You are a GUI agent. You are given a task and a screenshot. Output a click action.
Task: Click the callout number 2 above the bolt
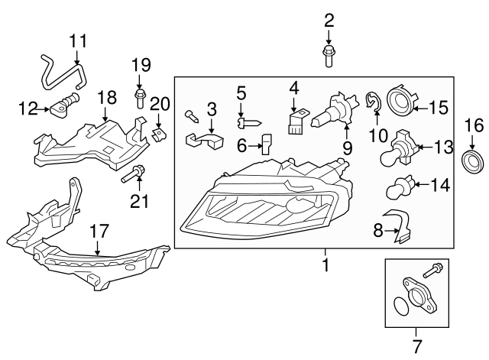[329, 20]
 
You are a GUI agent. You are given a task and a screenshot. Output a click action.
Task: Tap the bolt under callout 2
[329, 54]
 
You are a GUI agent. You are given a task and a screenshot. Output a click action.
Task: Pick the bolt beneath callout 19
[141, 97]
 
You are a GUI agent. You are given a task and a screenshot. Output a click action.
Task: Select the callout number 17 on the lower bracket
[99, 229]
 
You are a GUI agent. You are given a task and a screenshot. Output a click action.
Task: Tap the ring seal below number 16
[473, 161]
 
